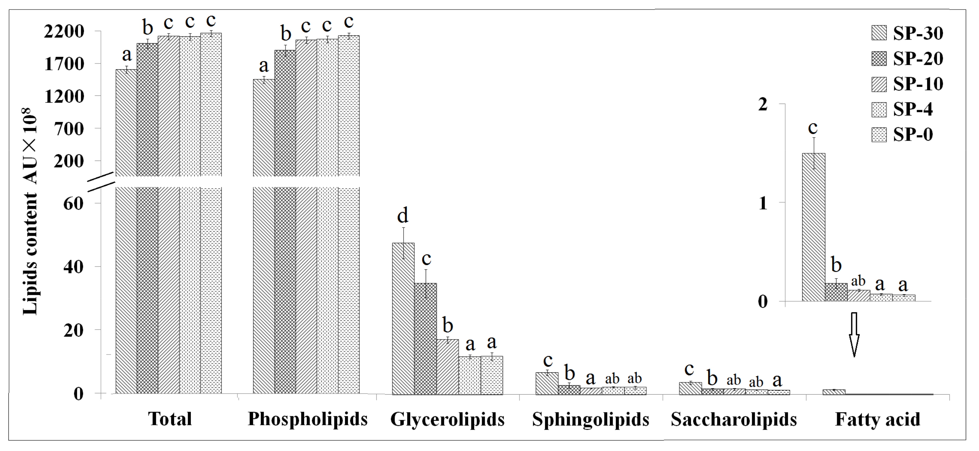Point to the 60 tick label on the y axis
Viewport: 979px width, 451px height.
pyautogui.click(x=73, y=204)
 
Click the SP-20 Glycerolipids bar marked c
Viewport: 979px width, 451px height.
pyautogui.click(x=426, y=338)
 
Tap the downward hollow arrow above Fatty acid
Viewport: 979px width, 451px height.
pyautogui.click(x=854, y=334)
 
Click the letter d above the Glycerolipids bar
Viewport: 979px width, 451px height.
pyautogui.click(x=403, y=216)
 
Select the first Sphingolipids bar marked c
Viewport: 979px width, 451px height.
pyautogui.click(x=547, y=383)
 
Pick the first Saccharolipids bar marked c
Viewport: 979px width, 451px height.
pyautogui.click(x=690, y=388)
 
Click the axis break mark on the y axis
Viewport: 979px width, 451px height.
pyautogui.click(x=101, y=181)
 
